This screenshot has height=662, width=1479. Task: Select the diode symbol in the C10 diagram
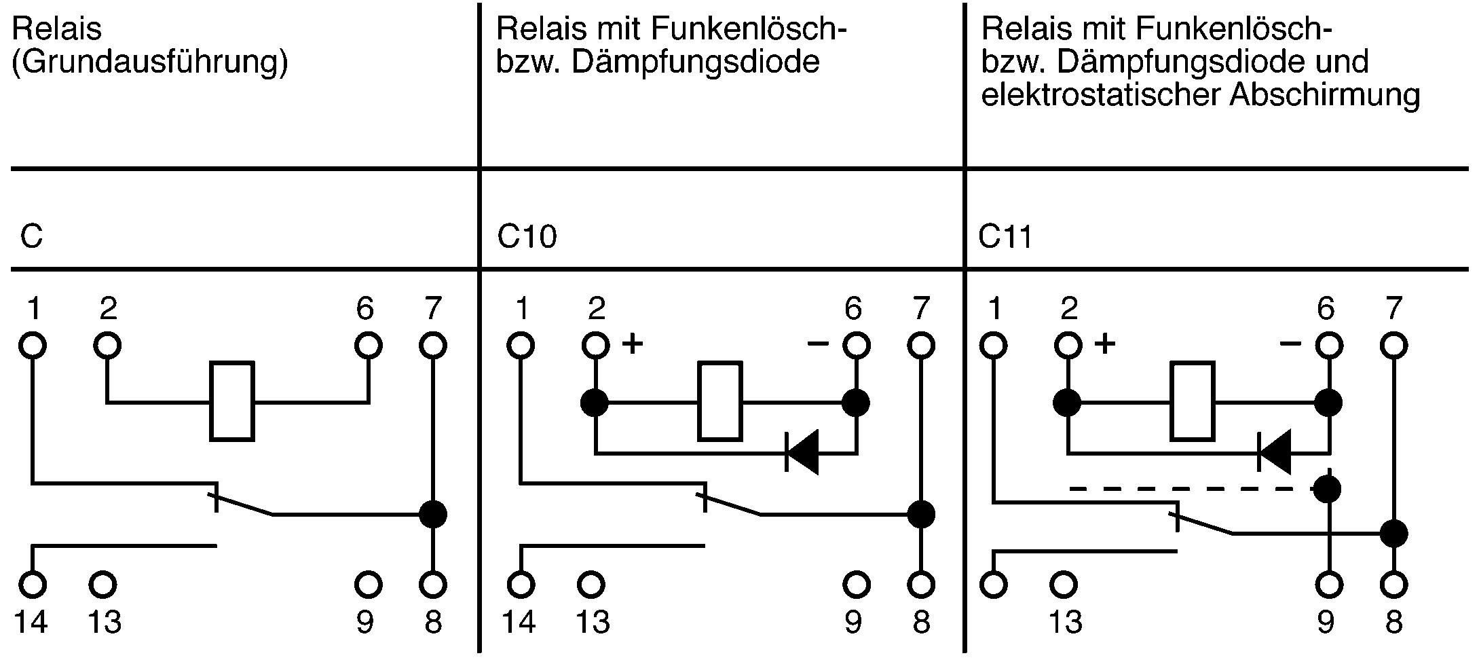click(802, 452)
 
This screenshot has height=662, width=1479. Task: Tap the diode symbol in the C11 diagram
click(1274, 452)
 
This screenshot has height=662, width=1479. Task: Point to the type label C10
click(527, 237)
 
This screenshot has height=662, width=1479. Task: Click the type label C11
click(1005, 237)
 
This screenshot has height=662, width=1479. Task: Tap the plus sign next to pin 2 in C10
click(632, 344)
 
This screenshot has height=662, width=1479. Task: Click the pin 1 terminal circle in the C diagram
click(32, 346)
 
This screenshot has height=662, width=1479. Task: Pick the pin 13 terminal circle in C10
click(591, 584)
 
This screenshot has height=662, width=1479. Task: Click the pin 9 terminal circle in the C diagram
click(368, 584)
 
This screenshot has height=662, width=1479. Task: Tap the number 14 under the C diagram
click(31, 622)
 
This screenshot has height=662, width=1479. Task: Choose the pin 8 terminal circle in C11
click(1394, 584)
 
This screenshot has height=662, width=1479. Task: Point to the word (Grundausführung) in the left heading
click(150, 63)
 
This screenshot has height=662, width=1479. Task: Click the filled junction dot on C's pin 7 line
click(433, 514)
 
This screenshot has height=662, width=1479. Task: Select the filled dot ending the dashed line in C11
click(1328, 488)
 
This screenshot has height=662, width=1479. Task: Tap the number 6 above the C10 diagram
click(853, 310)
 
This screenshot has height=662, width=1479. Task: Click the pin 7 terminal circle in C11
click(1394, 346)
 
